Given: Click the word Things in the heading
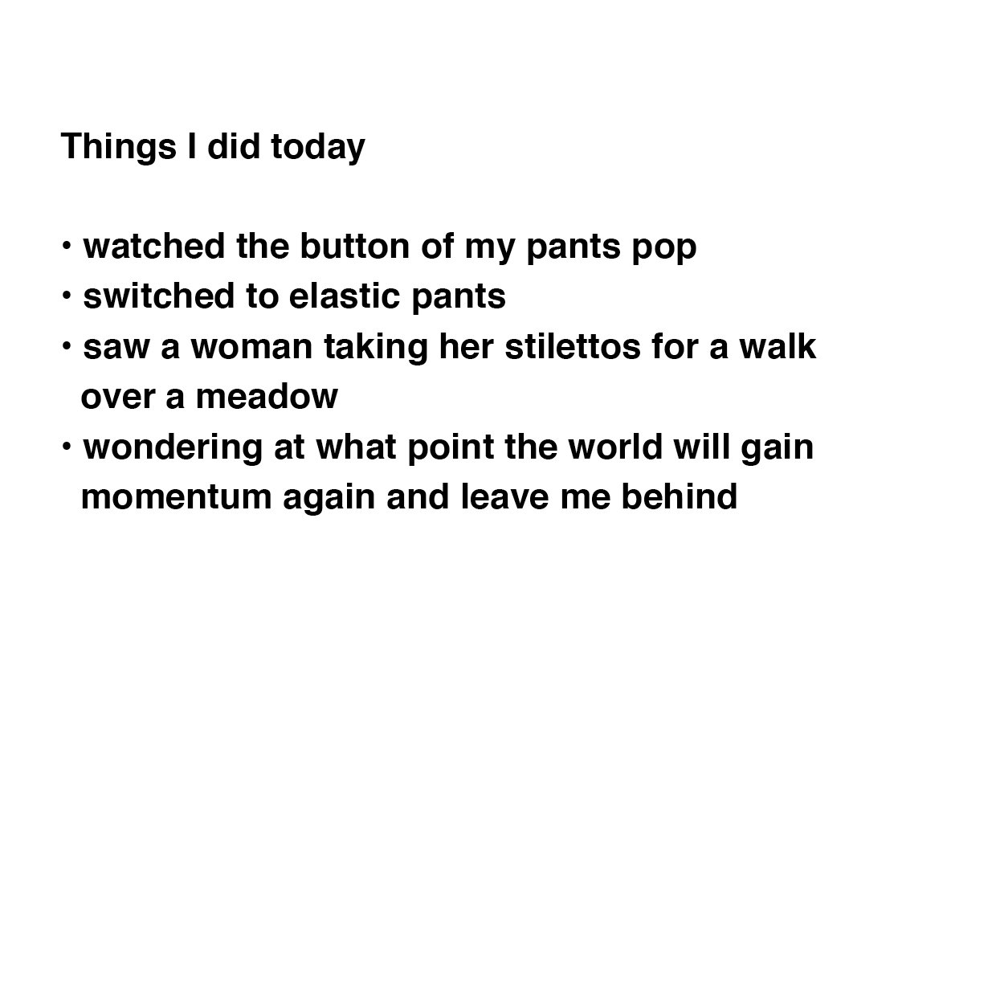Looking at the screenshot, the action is click(119, 147).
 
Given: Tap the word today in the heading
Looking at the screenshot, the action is click(318, 147).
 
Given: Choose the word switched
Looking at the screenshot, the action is click(159, 296).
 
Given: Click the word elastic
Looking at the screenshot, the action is click(345, 296).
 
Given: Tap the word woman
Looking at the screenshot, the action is click(251, 347).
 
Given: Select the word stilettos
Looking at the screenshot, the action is click(573, 346).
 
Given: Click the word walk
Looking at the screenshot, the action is click(778, 346).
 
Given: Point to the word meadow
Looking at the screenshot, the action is click(267, 397).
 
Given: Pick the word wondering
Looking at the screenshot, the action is click(173, 448).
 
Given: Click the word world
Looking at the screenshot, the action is click(615, 447).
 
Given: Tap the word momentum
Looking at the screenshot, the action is click(177, 497).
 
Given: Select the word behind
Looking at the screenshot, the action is click(679, 496).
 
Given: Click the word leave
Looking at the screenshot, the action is click(504, 496).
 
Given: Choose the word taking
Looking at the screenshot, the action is click(376, 348).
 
